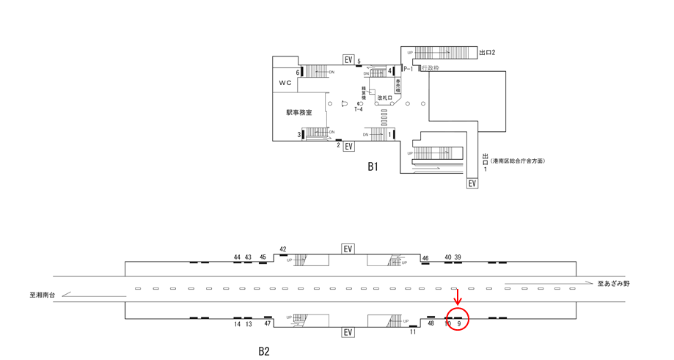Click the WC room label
[285, 83]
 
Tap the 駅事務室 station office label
[299, 113]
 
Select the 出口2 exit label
[488, 53]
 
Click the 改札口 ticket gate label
[385, 98]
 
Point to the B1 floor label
[373, 167]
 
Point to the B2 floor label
[264, 351]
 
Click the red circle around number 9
[457, 320]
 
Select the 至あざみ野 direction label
[613, 283]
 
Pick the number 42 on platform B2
[283, 249]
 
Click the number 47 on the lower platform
[268, 323]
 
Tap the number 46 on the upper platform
[425, 258]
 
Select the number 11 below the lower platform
[413, 332]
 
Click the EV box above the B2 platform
[348, 249]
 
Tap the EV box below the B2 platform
[348, 333]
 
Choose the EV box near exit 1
[472, 183]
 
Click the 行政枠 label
[431, 68]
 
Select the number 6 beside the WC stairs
[298, 73]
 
